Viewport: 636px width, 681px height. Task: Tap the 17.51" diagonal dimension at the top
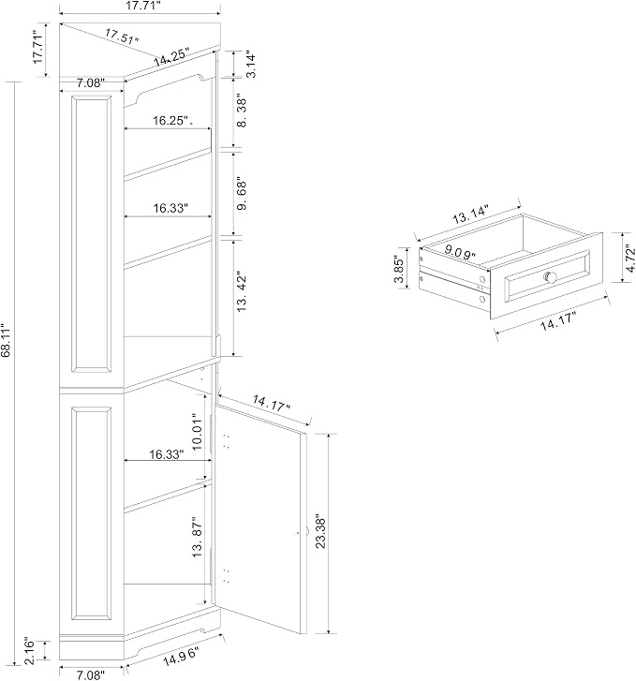tap(122, 36)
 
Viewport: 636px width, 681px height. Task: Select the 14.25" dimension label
tap(171, 58)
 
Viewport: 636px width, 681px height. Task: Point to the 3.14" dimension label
tap(251, 66)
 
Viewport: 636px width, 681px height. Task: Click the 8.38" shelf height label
tap(242, 112)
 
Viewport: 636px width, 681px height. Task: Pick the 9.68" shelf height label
tap(242, 195)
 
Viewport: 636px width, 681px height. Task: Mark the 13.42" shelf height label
tap(242, 293)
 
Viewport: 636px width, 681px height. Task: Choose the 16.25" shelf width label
tap(173, 120)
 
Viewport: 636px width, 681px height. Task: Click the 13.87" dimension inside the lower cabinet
tap(198, 538)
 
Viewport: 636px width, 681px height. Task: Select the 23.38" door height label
tap(320, 532)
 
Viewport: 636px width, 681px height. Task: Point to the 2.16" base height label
tap(30, 651)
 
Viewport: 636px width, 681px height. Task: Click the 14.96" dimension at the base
tap(182, 657)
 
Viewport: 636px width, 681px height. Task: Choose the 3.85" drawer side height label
tap(399, 269)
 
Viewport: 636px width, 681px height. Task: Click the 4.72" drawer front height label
tap(630, 258)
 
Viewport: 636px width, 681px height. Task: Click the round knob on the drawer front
tap(551, 276)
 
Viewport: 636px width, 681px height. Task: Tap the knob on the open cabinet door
tap(306, 531)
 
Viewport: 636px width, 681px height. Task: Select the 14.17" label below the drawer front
tap(558, 322)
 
